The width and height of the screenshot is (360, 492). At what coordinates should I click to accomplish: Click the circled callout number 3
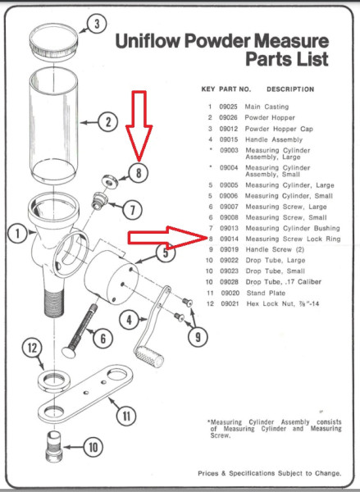(97, 25)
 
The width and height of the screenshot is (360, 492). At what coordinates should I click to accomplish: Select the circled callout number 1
(16, 234)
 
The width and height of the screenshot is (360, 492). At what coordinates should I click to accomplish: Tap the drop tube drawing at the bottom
(57, 449)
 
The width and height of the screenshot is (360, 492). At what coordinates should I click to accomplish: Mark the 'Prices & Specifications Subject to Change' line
(275, 473)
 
